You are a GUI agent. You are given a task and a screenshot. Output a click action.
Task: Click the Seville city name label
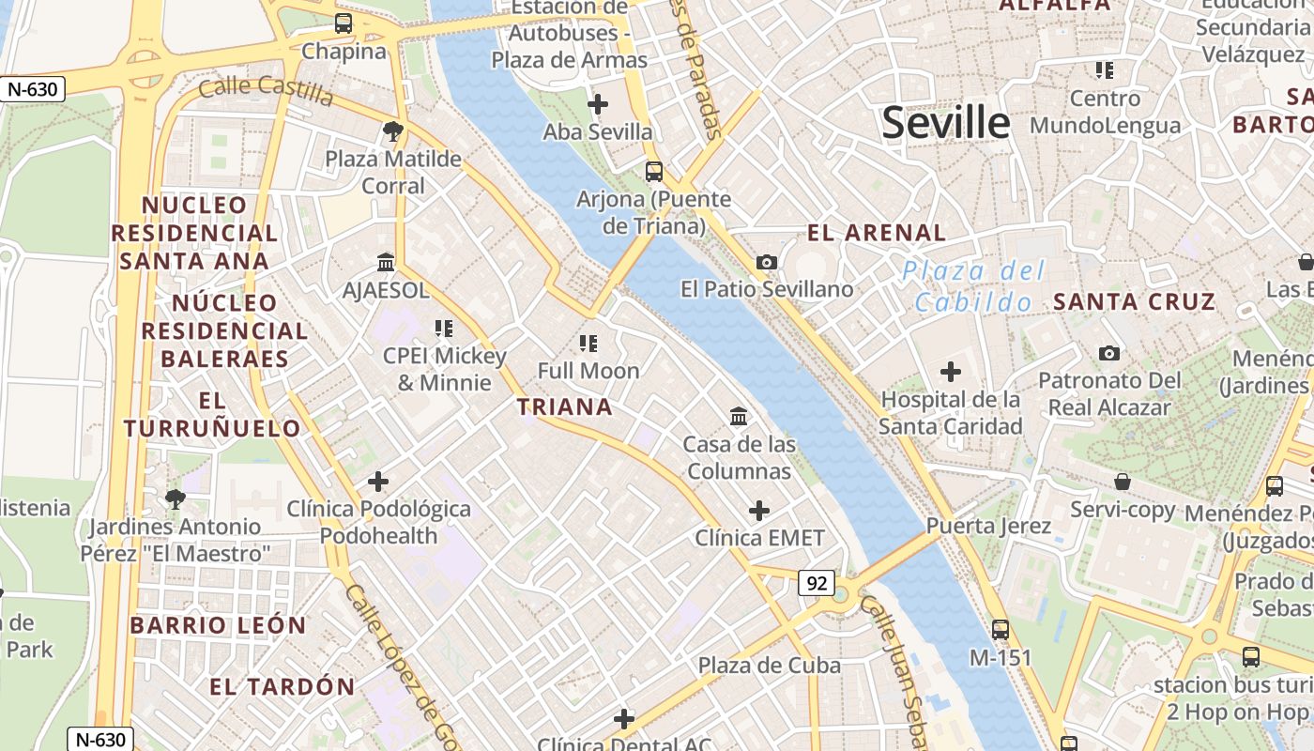pos(945,123)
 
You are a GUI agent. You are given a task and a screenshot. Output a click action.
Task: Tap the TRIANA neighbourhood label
pos(564,406)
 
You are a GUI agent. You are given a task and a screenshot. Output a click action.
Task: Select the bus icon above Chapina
pos(344,23)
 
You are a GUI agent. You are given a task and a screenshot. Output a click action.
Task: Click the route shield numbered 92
pos(817,583)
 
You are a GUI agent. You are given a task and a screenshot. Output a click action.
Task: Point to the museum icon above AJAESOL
pos(386,262)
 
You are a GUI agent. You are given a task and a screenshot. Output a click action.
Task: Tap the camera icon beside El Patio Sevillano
pos(767,262)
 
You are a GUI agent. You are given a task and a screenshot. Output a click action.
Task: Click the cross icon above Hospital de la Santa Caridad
pos(951,372)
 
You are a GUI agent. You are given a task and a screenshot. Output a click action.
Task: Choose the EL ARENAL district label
pos(877,233)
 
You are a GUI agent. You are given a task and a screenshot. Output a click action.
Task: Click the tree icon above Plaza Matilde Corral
pos(393,131)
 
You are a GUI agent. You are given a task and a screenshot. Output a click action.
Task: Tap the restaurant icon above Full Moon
pos(588,343)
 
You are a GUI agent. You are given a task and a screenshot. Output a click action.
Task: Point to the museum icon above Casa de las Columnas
pos(739,416)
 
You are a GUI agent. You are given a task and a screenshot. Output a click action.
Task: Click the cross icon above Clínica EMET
pos(759,511)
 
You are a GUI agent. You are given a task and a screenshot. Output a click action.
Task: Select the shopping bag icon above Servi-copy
pos(1123,483)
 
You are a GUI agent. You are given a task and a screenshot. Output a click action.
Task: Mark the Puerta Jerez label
pos(988,526)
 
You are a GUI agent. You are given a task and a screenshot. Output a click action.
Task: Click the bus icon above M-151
pos(1001,630)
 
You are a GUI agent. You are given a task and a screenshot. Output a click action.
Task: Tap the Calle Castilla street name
pos(266,91)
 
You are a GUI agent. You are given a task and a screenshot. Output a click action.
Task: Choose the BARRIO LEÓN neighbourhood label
pos(218,625)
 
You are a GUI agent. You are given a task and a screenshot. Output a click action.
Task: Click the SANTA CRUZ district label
pos(1134,301)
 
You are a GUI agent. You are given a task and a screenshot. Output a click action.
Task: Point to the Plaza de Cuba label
pos(769,665)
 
